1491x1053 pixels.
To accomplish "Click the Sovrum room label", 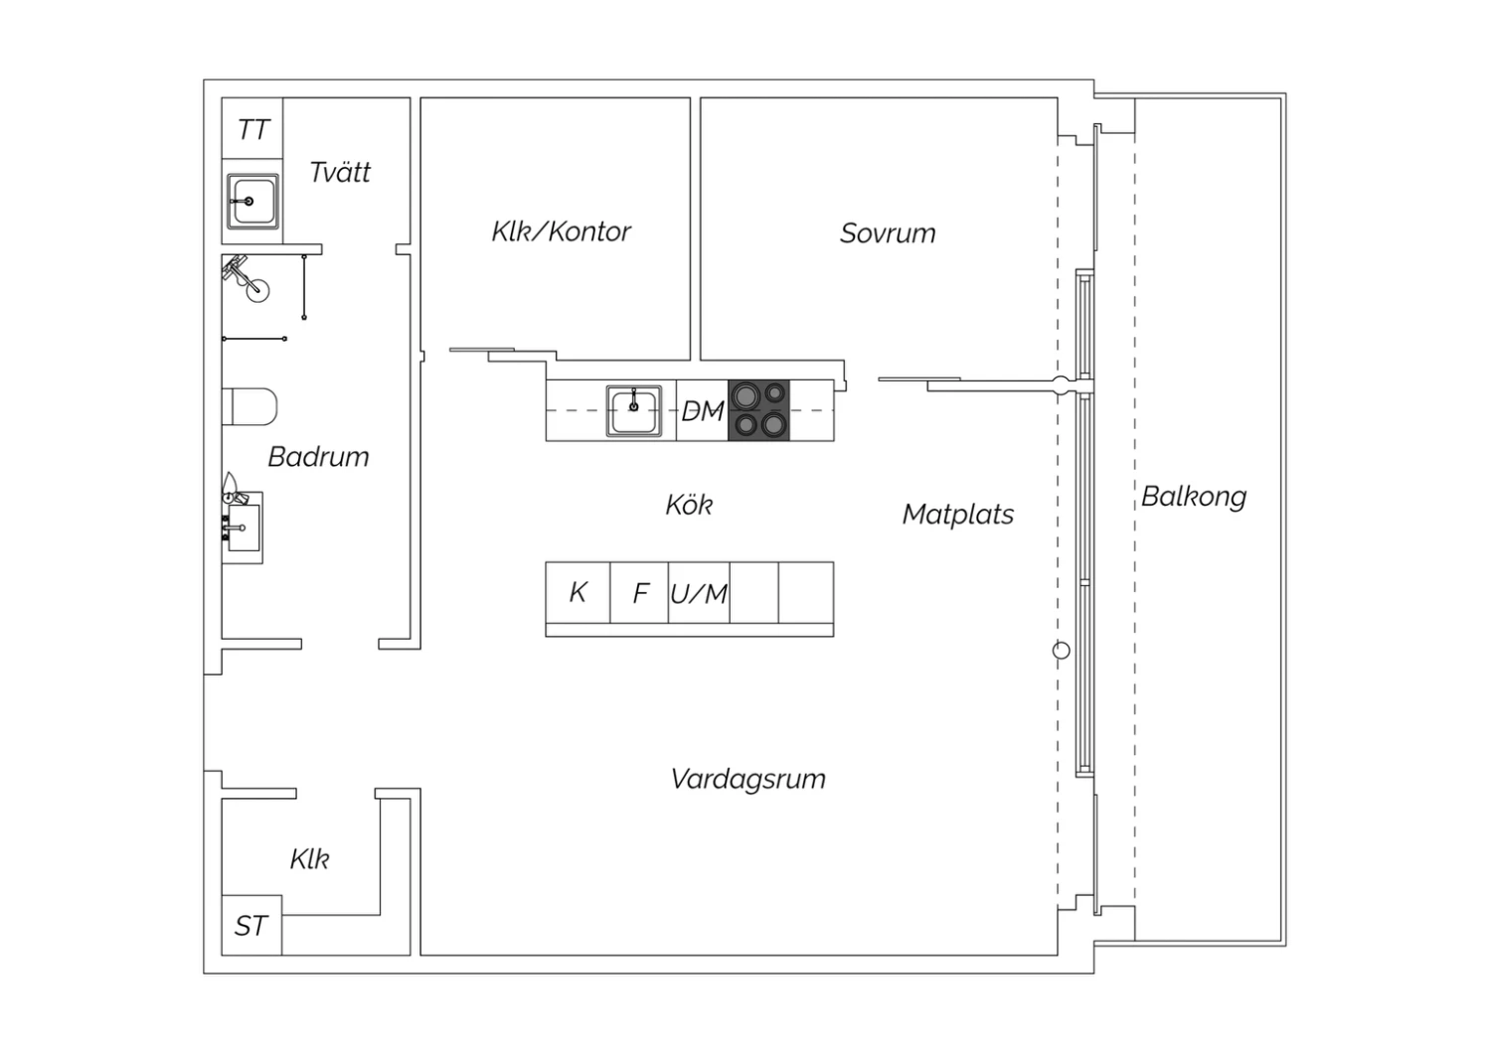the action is pos(888,233).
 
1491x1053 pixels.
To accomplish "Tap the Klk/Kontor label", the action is pos(562,231).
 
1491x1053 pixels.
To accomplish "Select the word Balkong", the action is pos(1194,497).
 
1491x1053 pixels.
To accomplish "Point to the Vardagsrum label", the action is pos(748,779).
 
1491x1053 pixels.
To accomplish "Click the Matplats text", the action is pos(958,515).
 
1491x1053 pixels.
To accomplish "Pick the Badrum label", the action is pos(318,457).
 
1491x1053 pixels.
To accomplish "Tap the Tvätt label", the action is pos(340,172).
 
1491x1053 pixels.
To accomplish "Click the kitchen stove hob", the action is pos(758,410).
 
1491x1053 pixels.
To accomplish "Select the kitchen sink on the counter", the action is pos(634,411).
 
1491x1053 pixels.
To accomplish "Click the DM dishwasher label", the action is pos(702,411).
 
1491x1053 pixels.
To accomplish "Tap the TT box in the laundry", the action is pos(252,128).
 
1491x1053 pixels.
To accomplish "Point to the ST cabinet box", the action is pos(251,925).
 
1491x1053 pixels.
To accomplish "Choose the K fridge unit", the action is pos(578,593).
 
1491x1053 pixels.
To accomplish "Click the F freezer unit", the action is pos(640,593).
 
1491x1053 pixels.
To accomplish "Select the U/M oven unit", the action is pos(699,593).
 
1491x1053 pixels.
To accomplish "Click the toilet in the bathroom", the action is pos(249,406).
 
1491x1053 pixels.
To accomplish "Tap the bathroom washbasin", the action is pos(243,527).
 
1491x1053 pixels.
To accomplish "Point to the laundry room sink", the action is pos(252,202).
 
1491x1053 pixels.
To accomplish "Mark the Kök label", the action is pos(689,505).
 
